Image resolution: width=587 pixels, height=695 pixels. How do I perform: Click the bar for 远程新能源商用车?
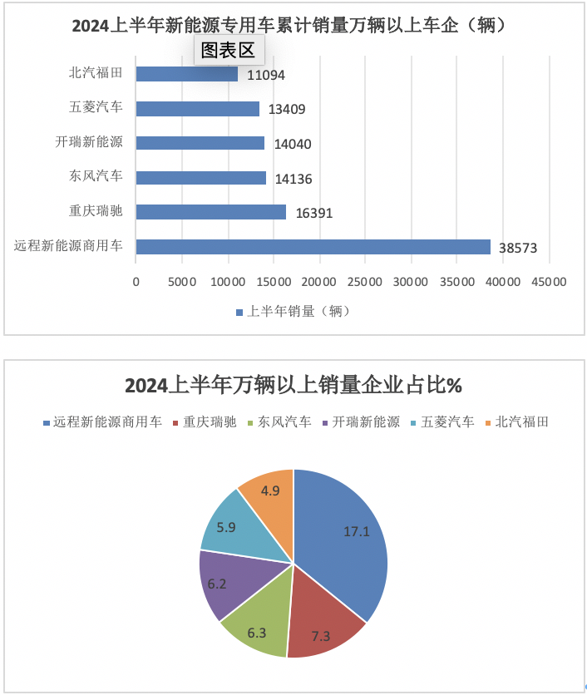click(313, 246)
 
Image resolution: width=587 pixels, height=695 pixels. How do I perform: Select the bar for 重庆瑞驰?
click(210, 212)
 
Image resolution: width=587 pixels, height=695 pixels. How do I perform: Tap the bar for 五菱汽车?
click(197, 108)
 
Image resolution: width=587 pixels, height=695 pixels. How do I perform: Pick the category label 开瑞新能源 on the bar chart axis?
click(96, 142)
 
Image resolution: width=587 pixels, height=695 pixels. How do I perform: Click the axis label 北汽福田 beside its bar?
click(96, 73)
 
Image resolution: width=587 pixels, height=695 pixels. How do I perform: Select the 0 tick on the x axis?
click(136, 282)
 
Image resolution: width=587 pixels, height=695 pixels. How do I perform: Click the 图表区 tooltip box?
click(229, 50)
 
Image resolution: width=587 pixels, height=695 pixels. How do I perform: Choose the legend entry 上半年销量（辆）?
click(293, 312)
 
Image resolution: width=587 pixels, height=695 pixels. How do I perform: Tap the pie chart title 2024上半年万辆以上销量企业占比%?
click(293, 386)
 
